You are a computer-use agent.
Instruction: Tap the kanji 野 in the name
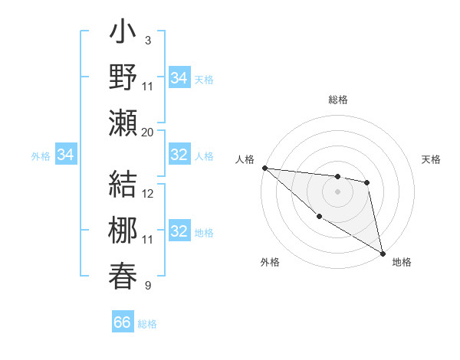tap(123, 78)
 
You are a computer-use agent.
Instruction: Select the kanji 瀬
tap(123, 123)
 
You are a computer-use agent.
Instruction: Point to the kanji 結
tap(123, 187)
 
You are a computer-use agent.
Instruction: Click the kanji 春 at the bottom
tap(123, 275)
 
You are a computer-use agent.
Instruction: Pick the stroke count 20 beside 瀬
tap(148, 132)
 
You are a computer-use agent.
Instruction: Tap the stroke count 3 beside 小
tap(147, 40)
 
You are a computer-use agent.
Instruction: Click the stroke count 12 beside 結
tap(148, 194)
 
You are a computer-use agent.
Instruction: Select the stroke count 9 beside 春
tap(147, 286)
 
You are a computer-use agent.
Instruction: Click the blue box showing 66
tap(123, 322)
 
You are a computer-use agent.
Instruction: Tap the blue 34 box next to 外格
tap(65, 155)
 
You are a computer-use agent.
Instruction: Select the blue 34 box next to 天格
tap(179, 78)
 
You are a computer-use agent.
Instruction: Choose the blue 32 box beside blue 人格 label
tap(179, 155)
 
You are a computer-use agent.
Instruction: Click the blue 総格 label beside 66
tap(147, 324)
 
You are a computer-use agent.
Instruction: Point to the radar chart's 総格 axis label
tap(337, 100)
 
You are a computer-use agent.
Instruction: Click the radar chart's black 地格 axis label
tap(402, 262)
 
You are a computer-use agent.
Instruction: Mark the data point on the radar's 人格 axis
tap(264, 168)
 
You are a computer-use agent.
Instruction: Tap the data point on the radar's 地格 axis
tap(383, 254)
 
